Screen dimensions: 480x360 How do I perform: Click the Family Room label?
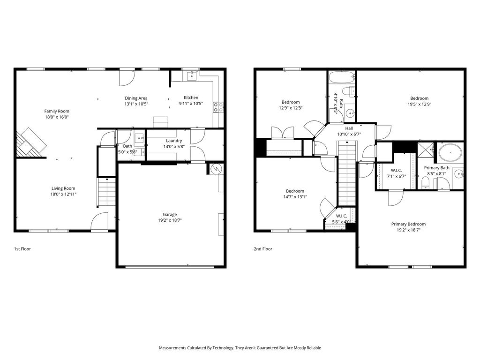(57, 111)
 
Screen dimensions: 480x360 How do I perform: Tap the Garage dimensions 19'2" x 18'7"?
(170, 220)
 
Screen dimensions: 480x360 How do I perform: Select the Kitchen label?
(191, 97)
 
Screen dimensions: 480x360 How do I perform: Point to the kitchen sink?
(192, 75)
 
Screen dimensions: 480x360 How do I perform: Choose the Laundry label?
(174, 141)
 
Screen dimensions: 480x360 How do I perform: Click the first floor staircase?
(106, 193)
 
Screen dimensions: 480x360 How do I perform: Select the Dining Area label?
(136, 98)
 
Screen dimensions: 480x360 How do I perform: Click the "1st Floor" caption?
(22, 249)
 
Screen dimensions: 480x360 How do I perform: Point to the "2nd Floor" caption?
(263, 249)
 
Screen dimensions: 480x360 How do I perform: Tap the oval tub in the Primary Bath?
(450, 152)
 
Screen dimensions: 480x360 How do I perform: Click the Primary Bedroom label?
(408, 224)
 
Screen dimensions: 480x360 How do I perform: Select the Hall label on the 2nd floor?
(349, 128)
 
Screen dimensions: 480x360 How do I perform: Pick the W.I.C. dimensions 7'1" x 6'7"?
(397, 176)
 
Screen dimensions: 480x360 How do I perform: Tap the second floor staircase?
(347, 173)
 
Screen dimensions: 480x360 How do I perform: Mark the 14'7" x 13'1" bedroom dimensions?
(295, 197)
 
